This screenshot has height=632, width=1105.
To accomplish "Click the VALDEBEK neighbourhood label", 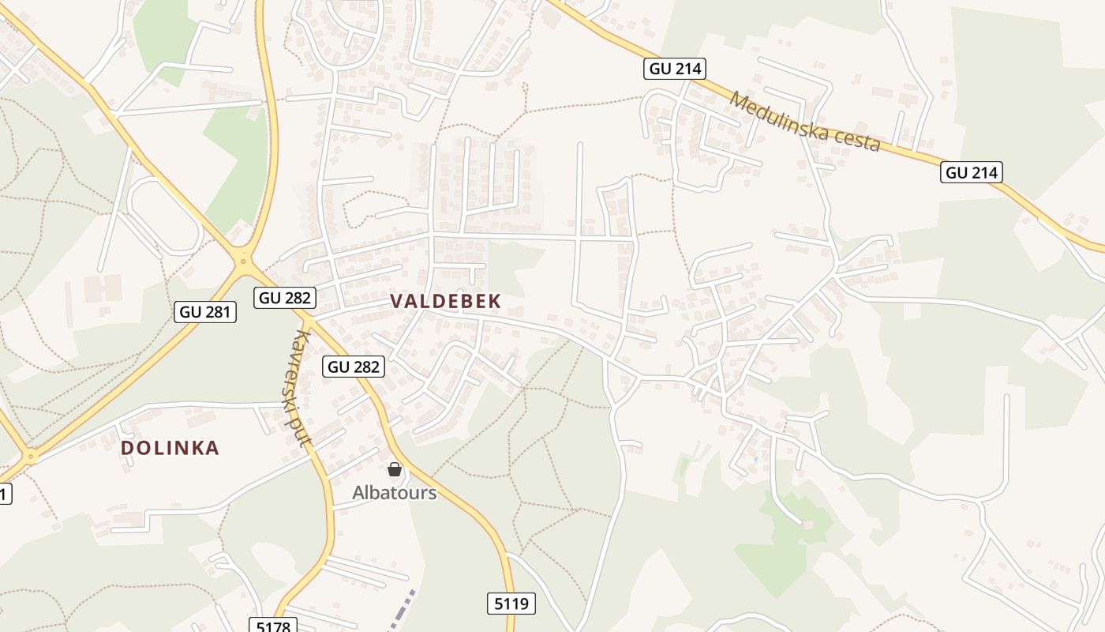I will tap(445, 301).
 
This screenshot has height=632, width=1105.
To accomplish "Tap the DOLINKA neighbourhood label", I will tap(170, 448).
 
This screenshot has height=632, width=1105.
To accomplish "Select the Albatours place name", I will tap(394, 493).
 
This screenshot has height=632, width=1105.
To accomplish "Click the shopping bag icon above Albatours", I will tap(395, 469).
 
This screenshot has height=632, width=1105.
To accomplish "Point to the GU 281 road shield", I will tap(205, 311).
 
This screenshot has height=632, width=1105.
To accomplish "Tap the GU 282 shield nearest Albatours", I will tap(354, 367).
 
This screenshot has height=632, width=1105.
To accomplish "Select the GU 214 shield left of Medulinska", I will tap(674, 69).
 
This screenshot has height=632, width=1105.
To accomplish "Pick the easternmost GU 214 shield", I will tap(971, 172).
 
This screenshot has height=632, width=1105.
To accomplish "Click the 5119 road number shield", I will tap(511, 604).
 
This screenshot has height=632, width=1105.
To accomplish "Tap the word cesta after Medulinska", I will tap(856, 140).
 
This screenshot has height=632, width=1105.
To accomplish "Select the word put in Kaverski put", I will tap(299, 430).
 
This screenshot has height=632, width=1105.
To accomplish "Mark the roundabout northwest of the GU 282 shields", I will tap(244, 258).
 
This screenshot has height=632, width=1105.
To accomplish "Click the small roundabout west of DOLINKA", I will tap(31, 456).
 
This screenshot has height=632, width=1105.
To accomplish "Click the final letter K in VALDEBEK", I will tap(495, 301).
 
